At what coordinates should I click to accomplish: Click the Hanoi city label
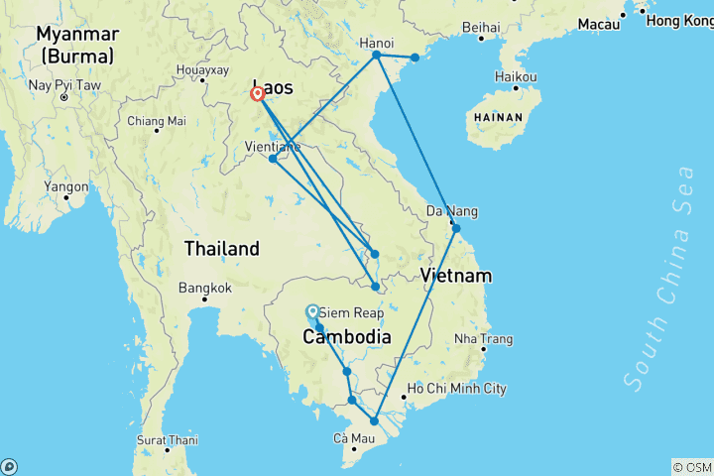[x=377, y=43]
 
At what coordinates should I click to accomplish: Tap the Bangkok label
[x=206, y=288]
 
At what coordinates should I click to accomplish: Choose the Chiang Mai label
[x=157, y=121]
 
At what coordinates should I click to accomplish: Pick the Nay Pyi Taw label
[x=64, y=84]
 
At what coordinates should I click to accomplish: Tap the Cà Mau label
[x=353, y=437]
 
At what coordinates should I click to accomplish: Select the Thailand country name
[x=221, y=249]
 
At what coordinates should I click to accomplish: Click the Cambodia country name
[x=346, y=337]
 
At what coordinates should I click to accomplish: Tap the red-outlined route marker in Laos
[x=258, y=94]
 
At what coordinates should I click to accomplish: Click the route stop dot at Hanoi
[x=377, y=56]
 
